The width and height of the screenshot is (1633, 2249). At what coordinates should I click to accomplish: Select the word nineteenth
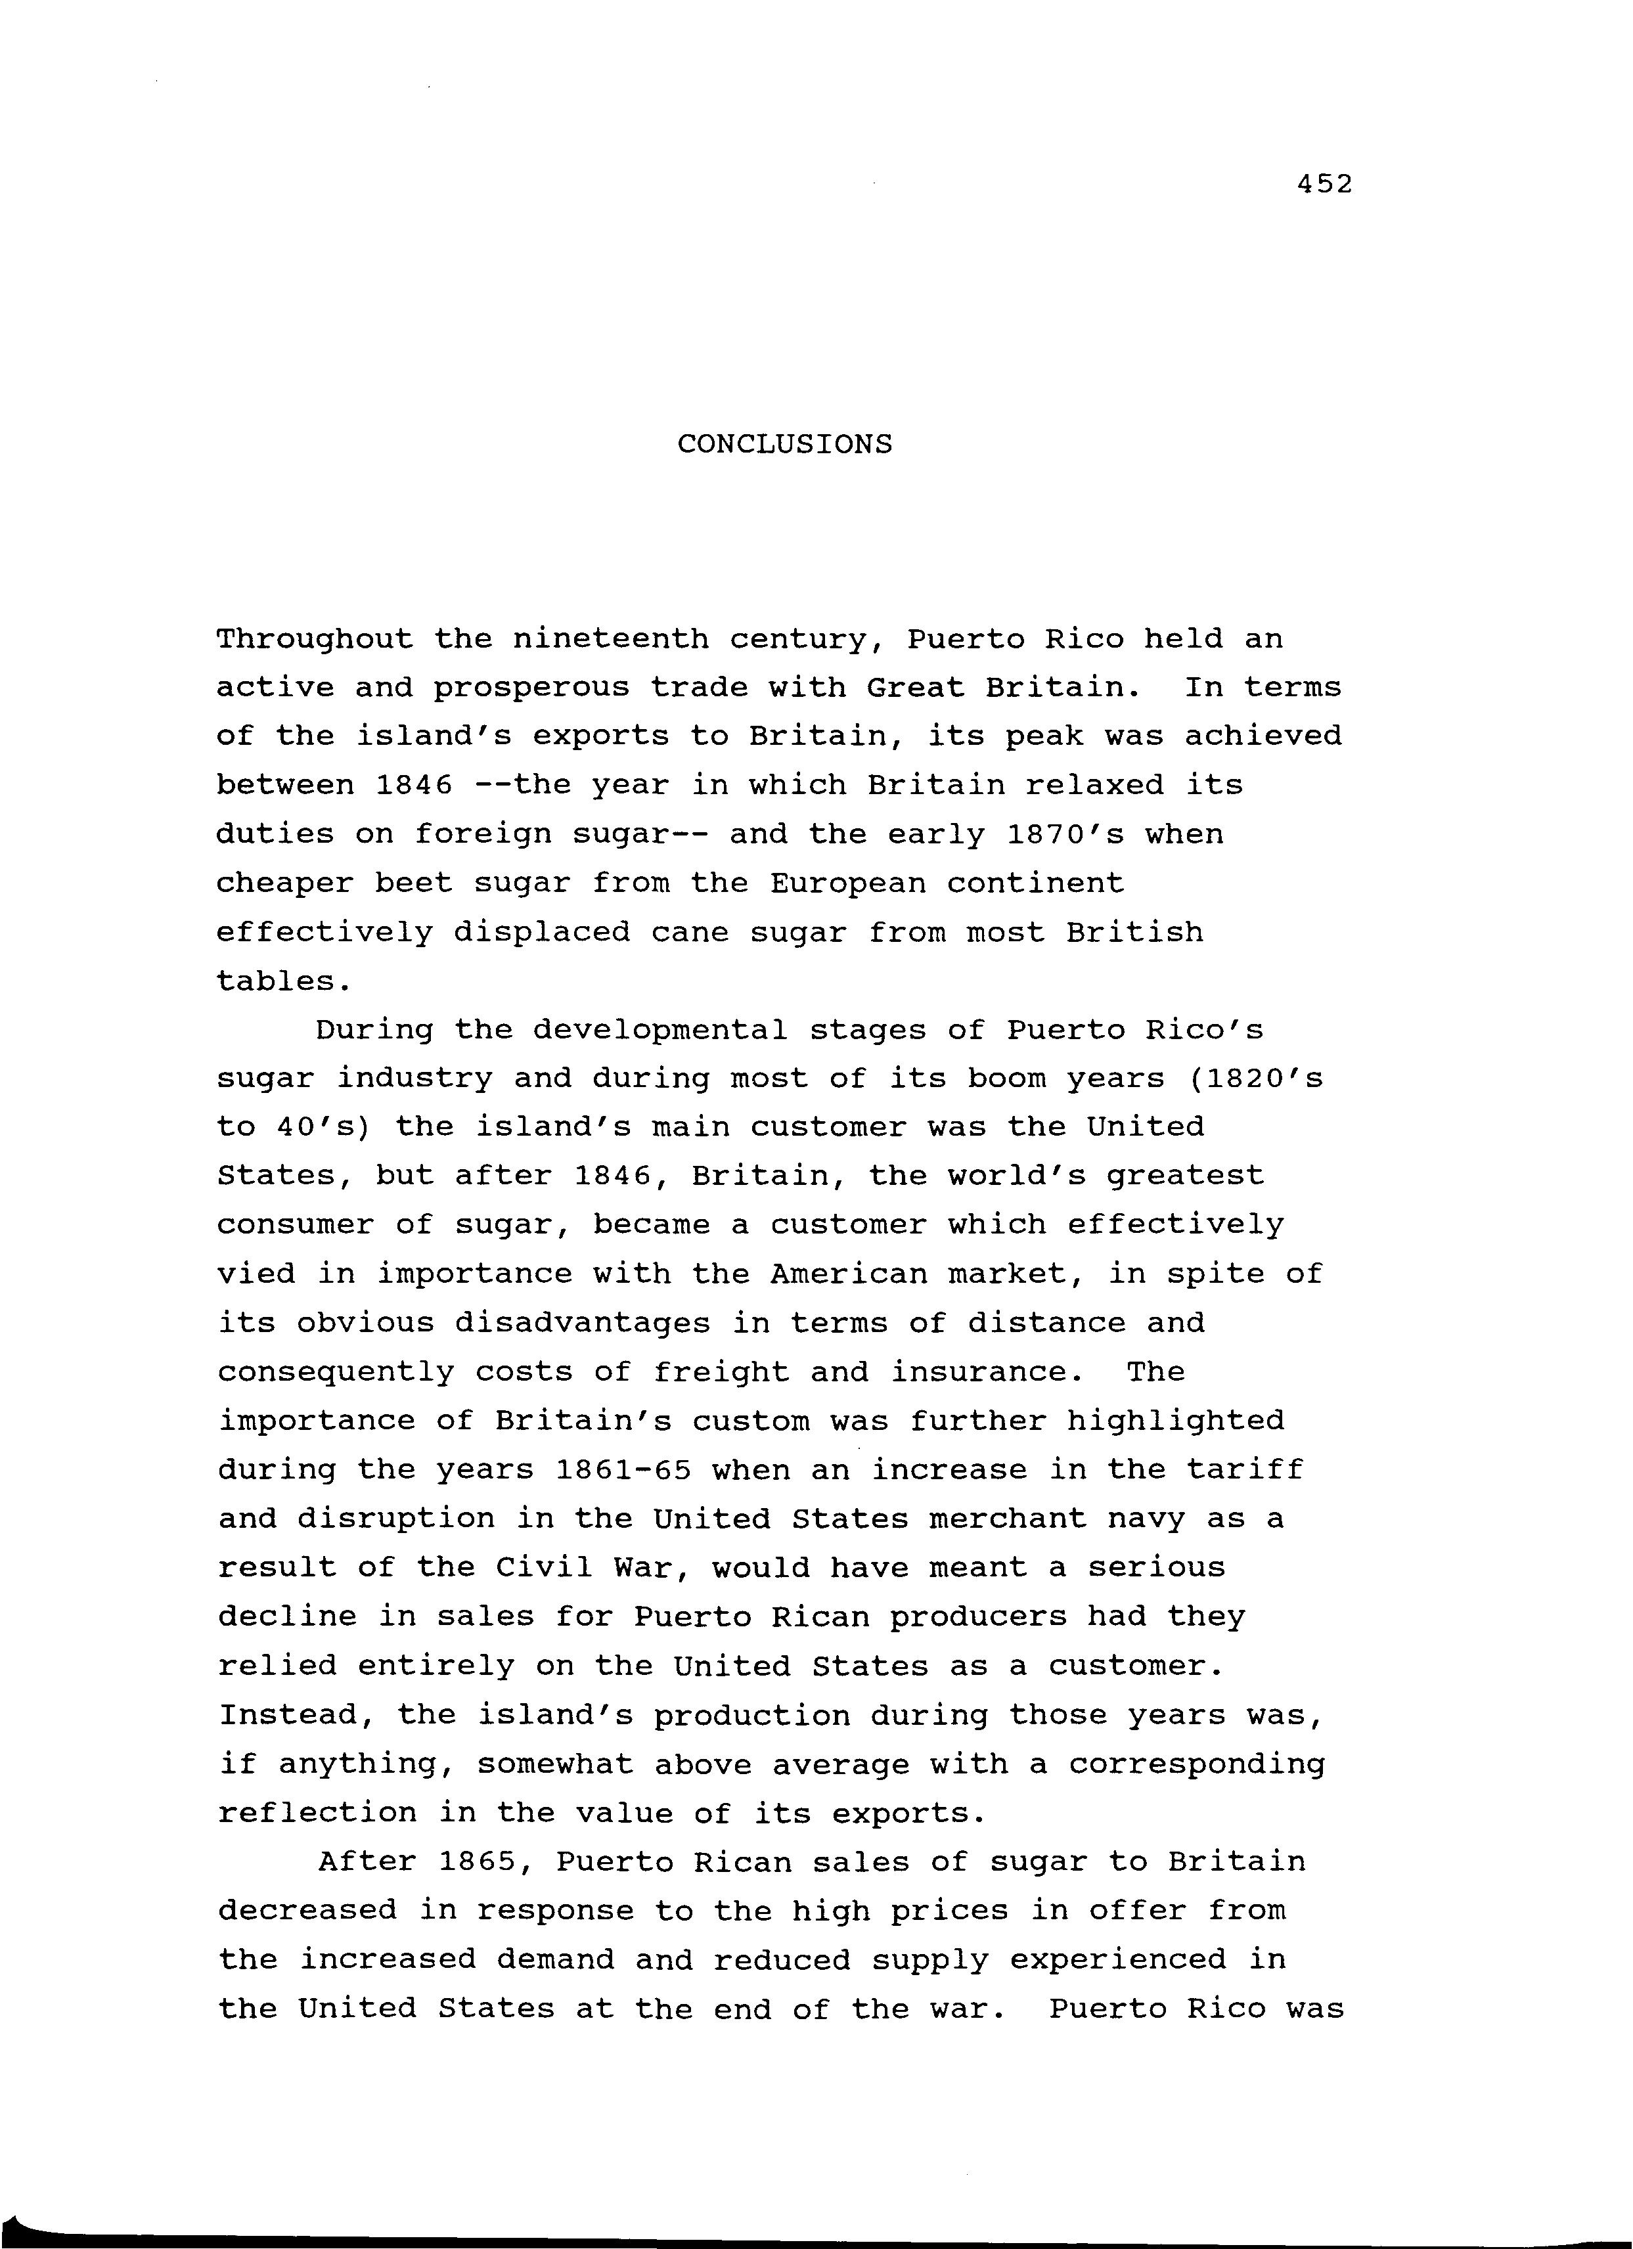pyautogui.click(x=611, y=640)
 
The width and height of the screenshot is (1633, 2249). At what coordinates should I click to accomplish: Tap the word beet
pyautogui.click(x=413, y=883)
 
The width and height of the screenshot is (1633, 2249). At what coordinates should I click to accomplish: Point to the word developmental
pyautogui.click(x=660, y=1031)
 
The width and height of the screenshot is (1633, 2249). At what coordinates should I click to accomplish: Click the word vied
pyautogui.click(x=256, y=1275)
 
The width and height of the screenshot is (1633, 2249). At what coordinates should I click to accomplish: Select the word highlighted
pyautogui.click(x=1175, y=1422)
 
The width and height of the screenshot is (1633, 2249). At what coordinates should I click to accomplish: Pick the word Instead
pyautogui.click(x=296, y=1716)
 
